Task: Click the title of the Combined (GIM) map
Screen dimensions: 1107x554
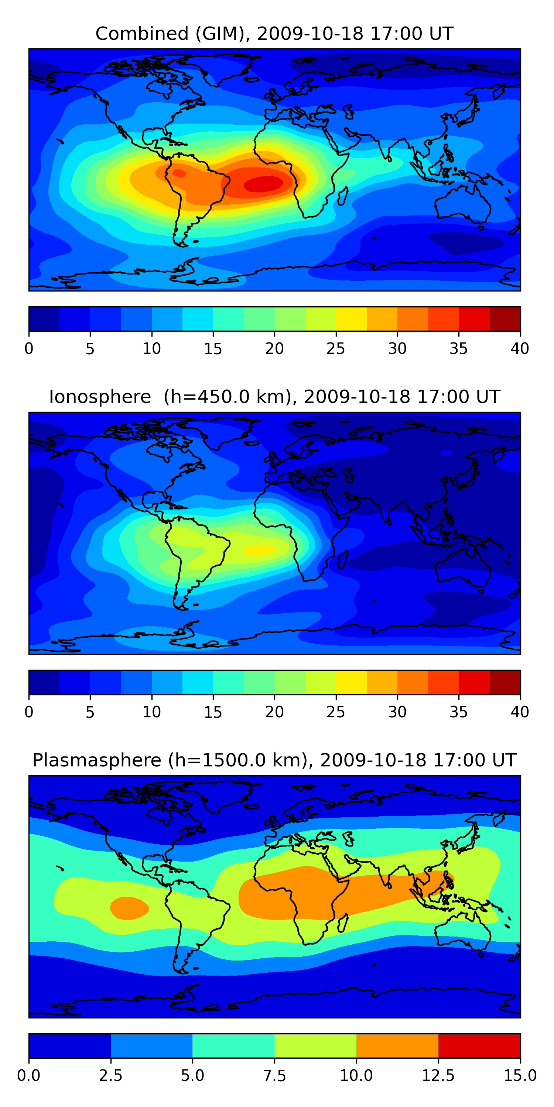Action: coord(274,34)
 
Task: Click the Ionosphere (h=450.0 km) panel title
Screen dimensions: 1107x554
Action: coord(274,397)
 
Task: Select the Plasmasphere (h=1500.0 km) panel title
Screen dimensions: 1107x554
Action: coord(274,760)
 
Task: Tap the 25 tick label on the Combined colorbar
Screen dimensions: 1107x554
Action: coord(335,348)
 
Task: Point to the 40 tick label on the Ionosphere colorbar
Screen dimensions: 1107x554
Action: coord(520,712)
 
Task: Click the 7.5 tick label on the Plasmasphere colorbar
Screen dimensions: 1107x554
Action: coord(274,1076)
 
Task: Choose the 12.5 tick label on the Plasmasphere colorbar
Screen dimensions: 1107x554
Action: coord(438,1076)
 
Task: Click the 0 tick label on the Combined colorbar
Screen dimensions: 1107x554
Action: coord(29,348)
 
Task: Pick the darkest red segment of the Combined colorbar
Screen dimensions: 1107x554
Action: coord(505,319)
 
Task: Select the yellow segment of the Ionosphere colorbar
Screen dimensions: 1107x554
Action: coord(351,682)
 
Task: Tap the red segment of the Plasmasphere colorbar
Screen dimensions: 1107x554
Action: coord(479,1045)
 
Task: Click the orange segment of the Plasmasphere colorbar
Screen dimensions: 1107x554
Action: coord(397,1045)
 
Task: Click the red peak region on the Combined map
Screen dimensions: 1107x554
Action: coord(264,184)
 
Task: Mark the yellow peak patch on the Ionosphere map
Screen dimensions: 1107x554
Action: coord(259,550)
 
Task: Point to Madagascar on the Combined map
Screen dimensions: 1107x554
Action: coord(343,196)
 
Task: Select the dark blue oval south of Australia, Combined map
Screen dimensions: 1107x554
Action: coord(467,242)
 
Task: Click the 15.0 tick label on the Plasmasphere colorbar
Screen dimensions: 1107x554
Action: coord(520,1076)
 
